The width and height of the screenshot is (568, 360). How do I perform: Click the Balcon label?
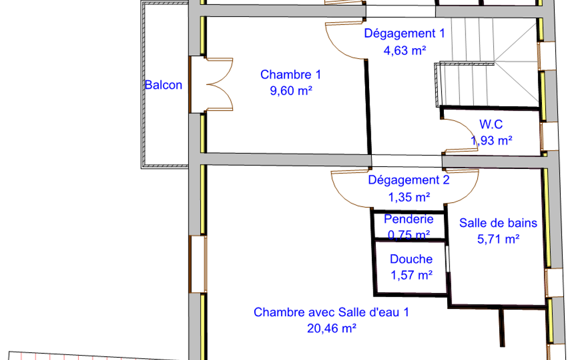(163, 85)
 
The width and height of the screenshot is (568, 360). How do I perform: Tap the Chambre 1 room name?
(290, 75)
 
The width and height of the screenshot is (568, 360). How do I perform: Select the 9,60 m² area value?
(291, 90)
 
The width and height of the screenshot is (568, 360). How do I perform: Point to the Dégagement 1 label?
(405, 33)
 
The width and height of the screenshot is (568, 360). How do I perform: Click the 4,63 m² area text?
(405, 50)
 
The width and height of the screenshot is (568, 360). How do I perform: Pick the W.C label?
(491, 124)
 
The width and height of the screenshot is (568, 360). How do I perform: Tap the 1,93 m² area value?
(492, 140)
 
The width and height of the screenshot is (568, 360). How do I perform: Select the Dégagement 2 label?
(409, 180)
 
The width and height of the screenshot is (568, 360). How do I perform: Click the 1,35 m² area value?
(409, 197)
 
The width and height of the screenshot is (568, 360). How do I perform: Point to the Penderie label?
(408, 219)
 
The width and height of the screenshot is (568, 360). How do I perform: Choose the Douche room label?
(411, 259)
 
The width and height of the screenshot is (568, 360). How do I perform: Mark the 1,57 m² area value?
(412, 275)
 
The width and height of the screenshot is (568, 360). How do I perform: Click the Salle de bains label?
(498, 223)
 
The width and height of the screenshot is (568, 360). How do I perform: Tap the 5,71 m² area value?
(498, 239)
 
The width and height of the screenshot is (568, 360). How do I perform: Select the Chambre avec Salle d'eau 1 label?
(331, 312)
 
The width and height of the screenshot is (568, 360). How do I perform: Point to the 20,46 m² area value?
(332, 328)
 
